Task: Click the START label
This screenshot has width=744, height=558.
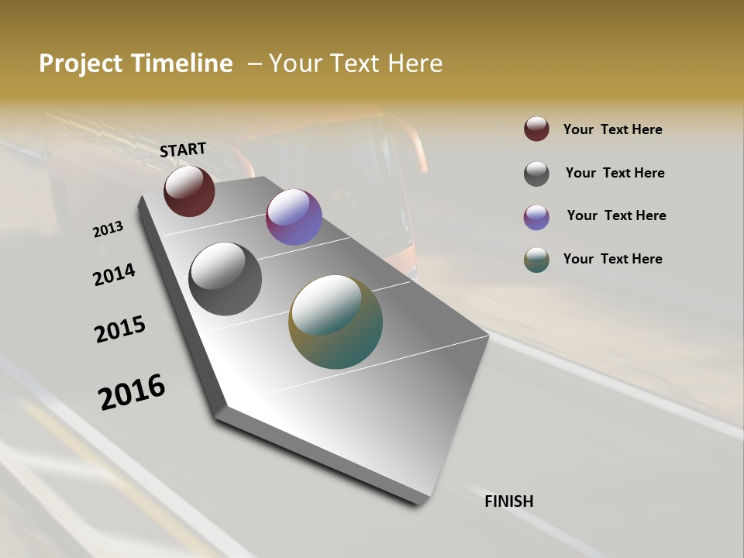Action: coord(183,149)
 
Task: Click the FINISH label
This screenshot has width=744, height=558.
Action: coord(508,501)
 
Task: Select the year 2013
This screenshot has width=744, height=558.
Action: coord(108,229)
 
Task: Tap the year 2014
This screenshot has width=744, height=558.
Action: coord(114,274)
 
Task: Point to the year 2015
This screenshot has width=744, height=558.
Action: coord(119,329)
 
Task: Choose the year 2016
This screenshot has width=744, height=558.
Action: coord(132,391)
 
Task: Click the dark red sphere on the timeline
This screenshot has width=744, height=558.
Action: coord(189,191)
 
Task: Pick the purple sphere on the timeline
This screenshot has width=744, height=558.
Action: coord(294,217)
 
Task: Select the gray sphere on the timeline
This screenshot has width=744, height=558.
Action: coord(225,279)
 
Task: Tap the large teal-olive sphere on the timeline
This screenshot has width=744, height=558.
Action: coord(336,322)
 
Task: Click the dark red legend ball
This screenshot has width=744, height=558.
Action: coord(536,129)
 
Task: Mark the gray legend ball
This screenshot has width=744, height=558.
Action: coord(536,174)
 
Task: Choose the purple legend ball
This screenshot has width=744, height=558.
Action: coord(536,217)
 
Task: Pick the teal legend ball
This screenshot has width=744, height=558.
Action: coord(536,260)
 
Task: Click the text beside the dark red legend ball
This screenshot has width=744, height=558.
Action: coord(612,129)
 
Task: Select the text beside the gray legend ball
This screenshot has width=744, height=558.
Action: coord(615,173)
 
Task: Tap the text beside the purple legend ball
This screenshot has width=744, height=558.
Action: coord(616,215)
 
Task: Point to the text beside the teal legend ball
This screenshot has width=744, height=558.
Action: coord(612,259)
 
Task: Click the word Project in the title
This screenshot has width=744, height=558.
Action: coord(81,64)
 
